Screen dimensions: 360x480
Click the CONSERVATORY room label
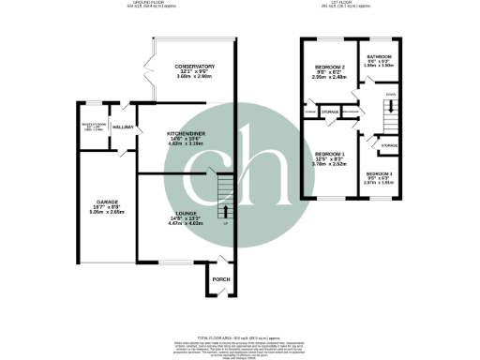[194, 67]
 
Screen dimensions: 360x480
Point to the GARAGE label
[104, 201]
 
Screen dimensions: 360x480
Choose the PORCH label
[221, 279]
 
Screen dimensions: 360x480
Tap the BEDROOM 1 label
[329, 155]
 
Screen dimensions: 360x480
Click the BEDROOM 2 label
[329, 68]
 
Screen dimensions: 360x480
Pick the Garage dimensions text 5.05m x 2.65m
[104, 212]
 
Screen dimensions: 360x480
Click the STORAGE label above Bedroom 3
[389, 145]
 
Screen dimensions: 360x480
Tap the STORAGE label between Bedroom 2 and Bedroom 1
[329, 112]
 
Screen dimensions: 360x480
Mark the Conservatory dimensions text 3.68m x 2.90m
[194, 79]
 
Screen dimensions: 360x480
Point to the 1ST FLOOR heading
[348, 4]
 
